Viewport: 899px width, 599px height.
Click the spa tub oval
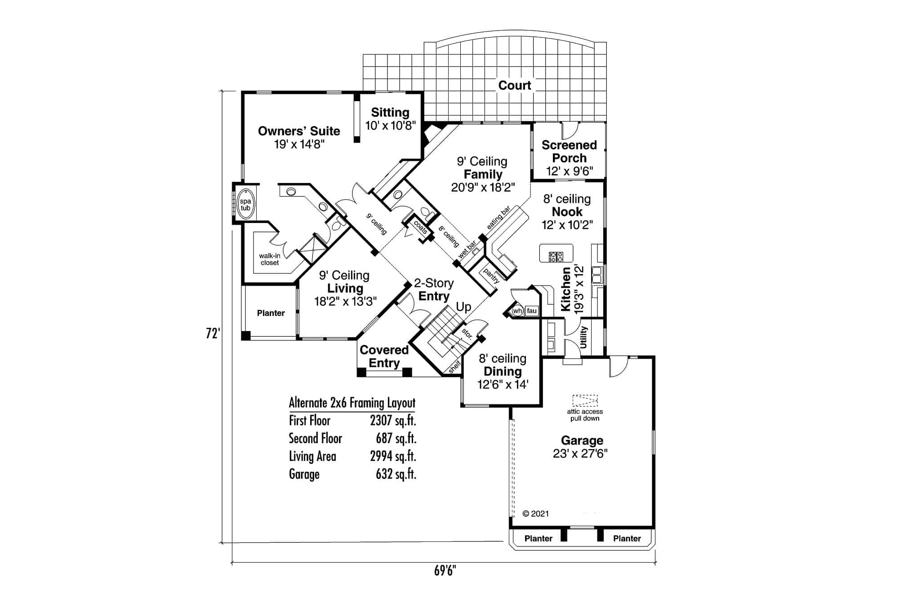245,205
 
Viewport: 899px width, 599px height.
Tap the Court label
514,85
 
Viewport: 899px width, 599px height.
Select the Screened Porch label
569,152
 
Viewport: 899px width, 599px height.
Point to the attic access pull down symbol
585,400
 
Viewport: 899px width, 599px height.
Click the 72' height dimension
213,333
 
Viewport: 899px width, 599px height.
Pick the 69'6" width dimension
445,571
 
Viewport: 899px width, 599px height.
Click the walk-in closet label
270,259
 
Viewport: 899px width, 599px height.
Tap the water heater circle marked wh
517,311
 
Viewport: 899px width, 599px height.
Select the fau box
532,311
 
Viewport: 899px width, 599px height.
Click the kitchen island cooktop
556,257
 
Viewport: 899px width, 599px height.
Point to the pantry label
491,275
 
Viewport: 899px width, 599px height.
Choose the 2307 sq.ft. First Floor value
393,420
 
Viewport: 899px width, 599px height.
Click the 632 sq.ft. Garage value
396,474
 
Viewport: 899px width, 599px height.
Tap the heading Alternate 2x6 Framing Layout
352,402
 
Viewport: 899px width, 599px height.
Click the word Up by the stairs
463,307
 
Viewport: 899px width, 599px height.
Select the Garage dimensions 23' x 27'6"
580,453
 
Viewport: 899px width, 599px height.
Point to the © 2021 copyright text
536,514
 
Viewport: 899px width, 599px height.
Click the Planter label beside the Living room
271,313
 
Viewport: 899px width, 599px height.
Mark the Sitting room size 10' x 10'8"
390,125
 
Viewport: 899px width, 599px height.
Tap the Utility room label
583,337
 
